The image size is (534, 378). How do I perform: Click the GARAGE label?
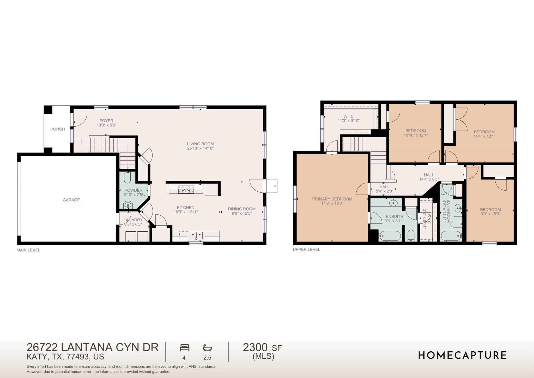(x=71, y=200)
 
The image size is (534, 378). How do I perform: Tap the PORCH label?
(x=58, y=129)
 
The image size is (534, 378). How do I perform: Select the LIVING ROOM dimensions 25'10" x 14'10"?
(x=200, y=148)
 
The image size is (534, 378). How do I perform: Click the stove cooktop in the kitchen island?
(x=186, y=189)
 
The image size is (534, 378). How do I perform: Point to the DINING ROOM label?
(x=242, y=209)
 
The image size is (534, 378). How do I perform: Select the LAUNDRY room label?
(x=133, y=220)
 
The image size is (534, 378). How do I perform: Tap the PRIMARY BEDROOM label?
(x=332, y=199)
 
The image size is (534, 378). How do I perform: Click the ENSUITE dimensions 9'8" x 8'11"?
(x=394, y=221)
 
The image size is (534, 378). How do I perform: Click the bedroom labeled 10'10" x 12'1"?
(x=416, y=133)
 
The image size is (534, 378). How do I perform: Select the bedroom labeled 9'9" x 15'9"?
(x=490, y=211)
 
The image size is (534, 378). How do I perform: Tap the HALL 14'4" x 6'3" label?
(x=429, y=177)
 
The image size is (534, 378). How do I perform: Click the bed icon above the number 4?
(x=185, y=348)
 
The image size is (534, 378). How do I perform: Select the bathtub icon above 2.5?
(x=208, y=348)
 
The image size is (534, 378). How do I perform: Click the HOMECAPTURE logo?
(x=462, y=355)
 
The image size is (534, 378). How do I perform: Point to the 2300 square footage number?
(x=255, y=347)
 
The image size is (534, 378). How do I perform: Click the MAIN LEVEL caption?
(x=28, y=250)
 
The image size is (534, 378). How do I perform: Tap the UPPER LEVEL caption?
(x=306, y=250)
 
